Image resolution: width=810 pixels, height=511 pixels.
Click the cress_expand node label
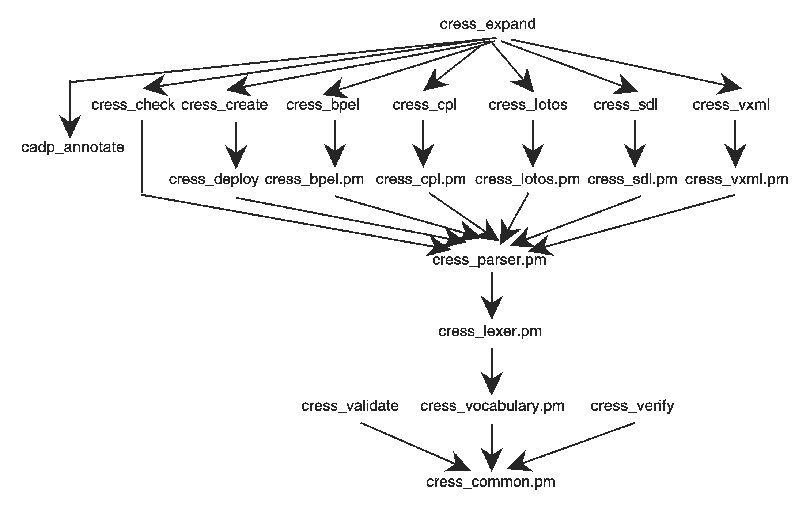point(488,24)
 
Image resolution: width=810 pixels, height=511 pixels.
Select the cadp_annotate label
point(73,148)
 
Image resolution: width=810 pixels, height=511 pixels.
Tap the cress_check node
point(133,105)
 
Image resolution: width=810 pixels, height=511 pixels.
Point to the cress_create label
point(224,105)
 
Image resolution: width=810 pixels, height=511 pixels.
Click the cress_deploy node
point(214,179)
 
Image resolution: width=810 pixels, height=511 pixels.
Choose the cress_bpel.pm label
point(314,179)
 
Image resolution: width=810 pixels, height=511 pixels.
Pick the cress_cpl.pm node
point(421,179)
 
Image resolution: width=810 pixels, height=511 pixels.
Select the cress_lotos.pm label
point(527,179)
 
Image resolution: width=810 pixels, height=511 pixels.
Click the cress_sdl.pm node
point(632,179)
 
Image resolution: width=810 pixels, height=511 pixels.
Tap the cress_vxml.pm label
point(737,179)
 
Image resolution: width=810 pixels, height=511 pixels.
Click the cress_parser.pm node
point(489,260)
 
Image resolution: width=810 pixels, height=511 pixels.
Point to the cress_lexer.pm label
point(490,332)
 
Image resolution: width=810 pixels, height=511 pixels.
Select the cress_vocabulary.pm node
point(492,406)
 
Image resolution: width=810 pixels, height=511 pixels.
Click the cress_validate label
point(350,406)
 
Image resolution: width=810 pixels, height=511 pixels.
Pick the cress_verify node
point(632,406)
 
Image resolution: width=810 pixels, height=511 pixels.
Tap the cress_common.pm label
point(491,482)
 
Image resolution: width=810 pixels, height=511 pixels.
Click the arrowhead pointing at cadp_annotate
point(70,128)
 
